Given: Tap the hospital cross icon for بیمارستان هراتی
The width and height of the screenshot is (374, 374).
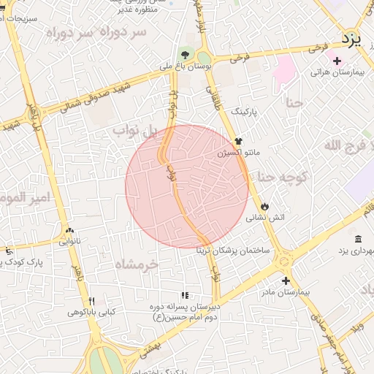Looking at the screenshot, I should (336, 61).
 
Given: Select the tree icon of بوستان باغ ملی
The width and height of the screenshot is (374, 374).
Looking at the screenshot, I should (186, 54).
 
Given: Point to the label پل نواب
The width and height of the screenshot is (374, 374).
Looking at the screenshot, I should (135, 131).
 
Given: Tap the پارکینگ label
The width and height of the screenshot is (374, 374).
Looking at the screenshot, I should (245, 112).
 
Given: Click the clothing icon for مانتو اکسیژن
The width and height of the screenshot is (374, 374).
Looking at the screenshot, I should (237, 141).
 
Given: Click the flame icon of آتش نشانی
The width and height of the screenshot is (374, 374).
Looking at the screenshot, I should (264, 207).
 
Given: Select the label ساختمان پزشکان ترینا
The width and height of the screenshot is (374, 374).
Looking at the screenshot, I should (232, 250).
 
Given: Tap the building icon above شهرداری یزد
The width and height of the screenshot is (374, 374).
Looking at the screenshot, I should (358, 240).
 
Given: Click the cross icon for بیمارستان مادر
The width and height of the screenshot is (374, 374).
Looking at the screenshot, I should (285, 280).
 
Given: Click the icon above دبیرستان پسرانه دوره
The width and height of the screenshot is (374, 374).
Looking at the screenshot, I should (185, 295).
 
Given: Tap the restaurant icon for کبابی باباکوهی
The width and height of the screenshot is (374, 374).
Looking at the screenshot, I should (92, 301).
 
